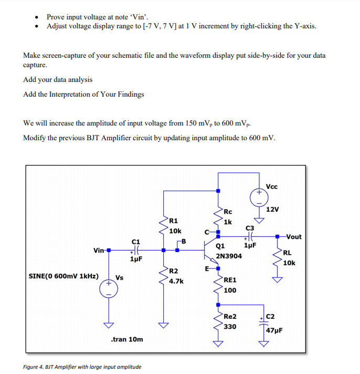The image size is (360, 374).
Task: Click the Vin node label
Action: [x=98, y=250]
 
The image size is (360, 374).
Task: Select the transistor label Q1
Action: [x=221, y=245]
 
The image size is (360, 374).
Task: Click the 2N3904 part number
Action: [x=229, y=256]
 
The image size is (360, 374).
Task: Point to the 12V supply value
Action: [x=272, y=210]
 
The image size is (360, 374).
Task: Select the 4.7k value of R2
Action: [x=176, y=281]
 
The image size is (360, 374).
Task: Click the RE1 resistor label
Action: [x=230, y=280]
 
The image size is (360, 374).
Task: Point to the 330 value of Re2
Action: [x=230, y=326]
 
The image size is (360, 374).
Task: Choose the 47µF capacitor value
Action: [x=274, y=330]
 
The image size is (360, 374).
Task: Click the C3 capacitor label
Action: [x=250, y=227]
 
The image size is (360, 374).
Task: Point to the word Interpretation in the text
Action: [x=70, y=95]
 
